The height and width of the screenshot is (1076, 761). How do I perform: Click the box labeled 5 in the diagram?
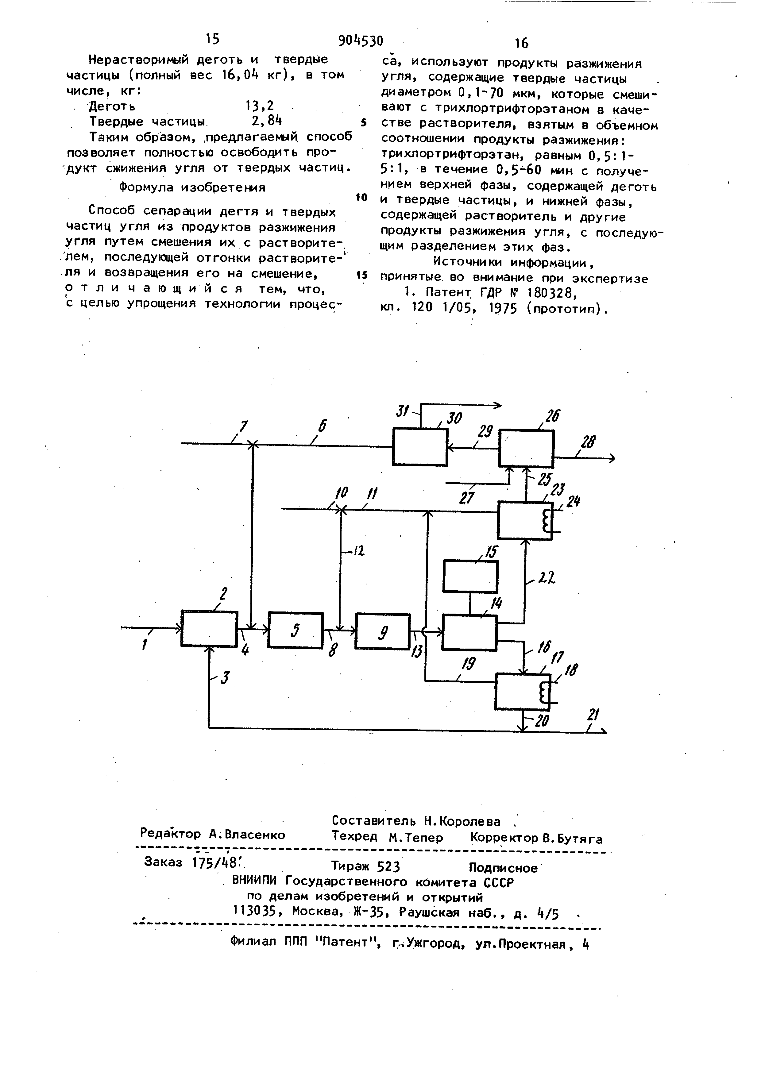coord(295,630)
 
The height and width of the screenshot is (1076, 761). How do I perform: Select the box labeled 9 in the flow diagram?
coord(382,631)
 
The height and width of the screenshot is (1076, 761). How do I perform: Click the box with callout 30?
coord(420,447)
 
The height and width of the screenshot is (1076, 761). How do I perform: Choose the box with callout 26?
coord(526,449)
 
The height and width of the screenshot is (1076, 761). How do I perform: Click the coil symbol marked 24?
coord(546,521)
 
